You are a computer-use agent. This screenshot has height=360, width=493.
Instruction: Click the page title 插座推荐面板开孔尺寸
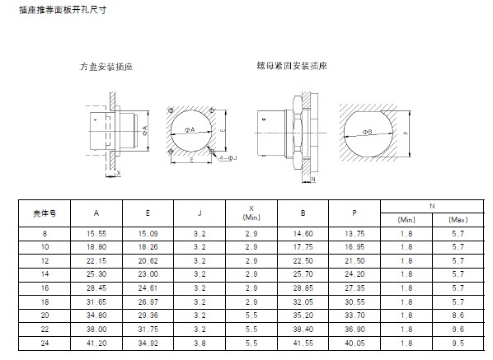63,10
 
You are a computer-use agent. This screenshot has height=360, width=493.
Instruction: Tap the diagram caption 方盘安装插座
106,67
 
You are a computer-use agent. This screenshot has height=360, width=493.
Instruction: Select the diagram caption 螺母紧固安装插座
292,66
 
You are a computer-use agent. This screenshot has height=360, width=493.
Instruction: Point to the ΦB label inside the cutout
367,132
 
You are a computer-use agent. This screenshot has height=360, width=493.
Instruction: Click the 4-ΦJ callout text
228,158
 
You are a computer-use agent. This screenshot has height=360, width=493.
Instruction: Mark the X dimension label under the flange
119,173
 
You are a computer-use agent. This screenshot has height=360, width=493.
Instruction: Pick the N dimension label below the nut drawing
313,179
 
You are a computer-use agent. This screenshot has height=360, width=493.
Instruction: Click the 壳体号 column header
45,213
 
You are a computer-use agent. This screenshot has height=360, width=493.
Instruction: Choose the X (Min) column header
251,213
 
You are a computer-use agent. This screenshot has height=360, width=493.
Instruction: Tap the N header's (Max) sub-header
458,220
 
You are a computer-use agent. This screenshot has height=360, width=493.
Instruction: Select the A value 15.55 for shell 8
96,234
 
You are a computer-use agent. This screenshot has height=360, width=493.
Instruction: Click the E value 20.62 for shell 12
148,261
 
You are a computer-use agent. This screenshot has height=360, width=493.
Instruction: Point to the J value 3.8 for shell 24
200,343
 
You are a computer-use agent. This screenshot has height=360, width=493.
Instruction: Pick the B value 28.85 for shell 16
303,288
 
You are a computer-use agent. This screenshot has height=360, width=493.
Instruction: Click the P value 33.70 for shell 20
354,316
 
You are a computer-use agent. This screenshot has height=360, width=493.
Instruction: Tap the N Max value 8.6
458,316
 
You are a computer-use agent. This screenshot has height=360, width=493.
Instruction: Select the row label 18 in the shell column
45,302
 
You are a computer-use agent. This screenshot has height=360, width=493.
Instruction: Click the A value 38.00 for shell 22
96,330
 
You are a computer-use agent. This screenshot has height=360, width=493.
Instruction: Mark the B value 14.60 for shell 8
303,234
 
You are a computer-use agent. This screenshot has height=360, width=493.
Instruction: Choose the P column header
354,213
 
